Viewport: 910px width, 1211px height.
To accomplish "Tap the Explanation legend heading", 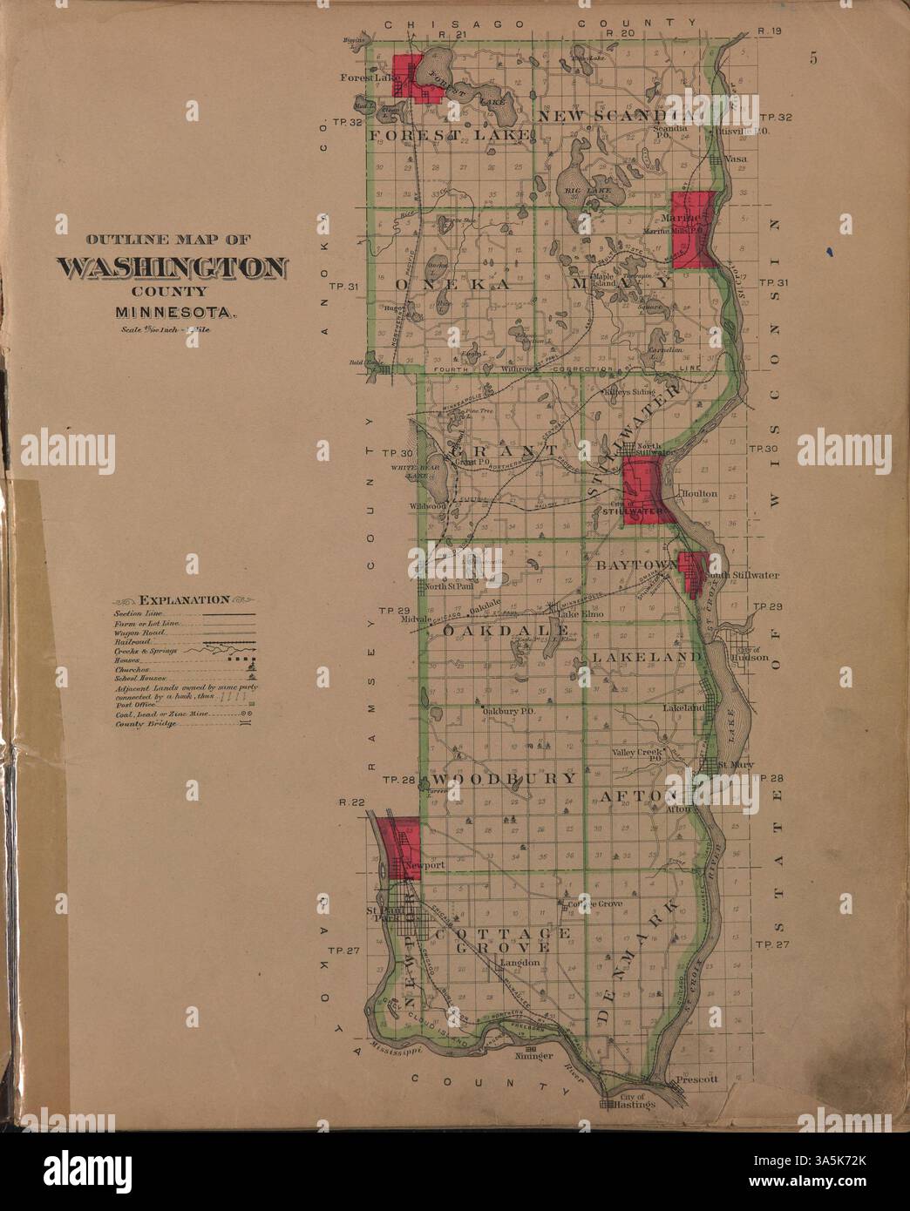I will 183,599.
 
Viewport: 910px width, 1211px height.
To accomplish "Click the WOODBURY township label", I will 504,778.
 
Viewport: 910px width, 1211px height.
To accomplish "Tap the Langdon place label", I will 516,963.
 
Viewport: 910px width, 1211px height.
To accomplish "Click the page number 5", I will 812,59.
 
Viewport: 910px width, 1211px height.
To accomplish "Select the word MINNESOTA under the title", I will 171,310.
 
